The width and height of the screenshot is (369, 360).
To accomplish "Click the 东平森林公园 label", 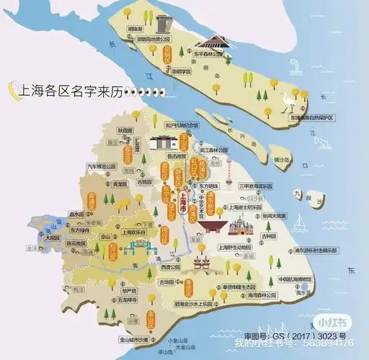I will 210,53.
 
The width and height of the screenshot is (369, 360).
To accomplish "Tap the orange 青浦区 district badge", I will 92,204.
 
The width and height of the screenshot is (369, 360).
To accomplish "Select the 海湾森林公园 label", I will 259,295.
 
